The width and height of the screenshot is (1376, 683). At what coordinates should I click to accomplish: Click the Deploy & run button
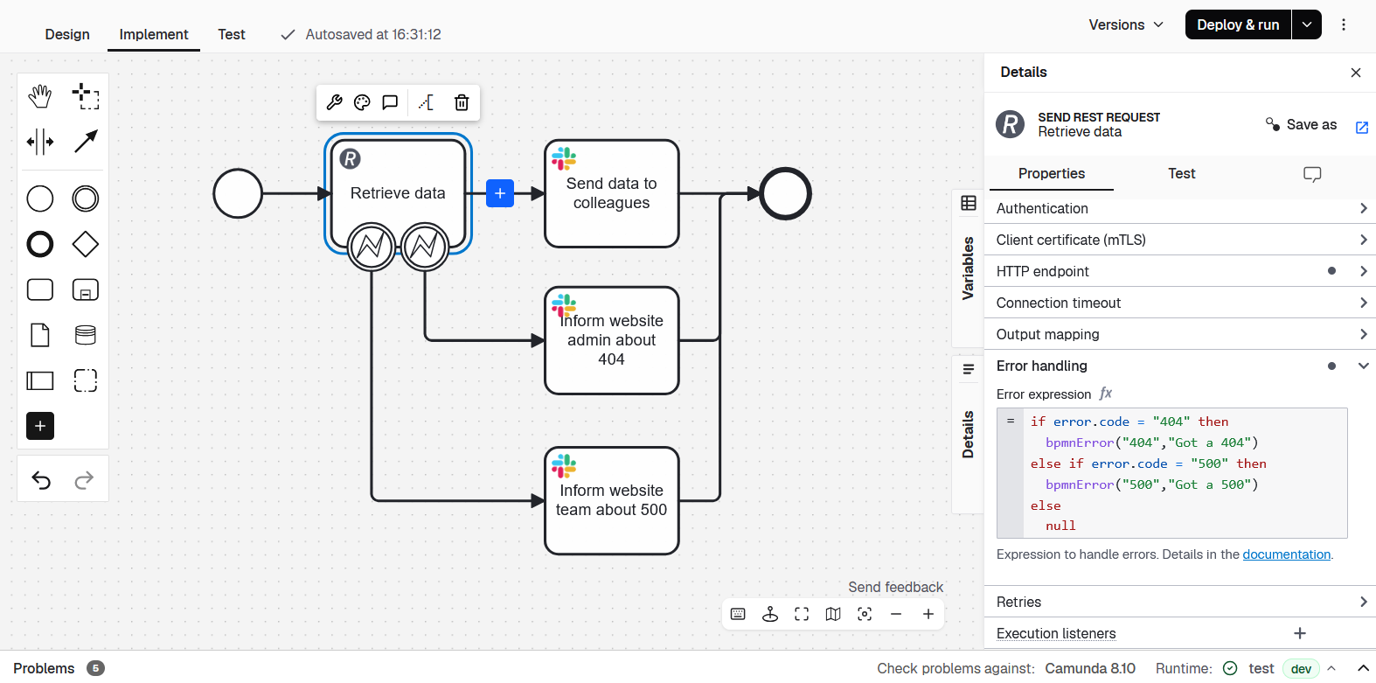[x=1238, y=24]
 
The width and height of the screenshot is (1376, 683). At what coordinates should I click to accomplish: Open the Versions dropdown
[x=1126, y=24]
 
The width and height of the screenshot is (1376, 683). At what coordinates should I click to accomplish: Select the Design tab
[x=67, y=34]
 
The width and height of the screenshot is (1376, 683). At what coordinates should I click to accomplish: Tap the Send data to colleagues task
[x=612, y=193]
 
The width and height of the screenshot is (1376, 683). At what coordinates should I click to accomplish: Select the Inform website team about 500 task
[x=612, y=500]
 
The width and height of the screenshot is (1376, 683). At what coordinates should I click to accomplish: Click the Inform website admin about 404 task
[x=612, y=340]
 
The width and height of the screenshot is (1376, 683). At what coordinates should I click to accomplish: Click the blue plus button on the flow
[x=500, y=193]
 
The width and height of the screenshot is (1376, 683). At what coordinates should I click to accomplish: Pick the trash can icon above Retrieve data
[x=462, y=102]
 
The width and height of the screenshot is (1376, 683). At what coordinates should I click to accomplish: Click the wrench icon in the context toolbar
[x=334, y=102]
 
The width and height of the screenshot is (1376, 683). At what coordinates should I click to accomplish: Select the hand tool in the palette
[x=40, y=96]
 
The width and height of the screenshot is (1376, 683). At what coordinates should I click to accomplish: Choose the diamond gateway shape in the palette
[x=86, y=244]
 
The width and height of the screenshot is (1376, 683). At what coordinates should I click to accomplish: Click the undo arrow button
[x=41, y=479]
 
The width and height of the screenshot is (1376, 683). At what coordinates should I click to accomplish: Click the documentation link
[x=1286, y=554]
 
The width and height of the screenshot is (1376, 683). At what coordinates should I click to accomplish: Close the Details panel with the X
[x=1356, y=73]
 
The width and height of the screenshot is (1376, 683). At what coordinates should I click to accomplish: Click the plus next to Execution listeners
[x=1300, y=633]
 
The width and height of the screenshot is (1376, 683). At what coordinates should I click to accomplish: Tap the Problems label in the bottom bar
[x=44, y=668]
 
